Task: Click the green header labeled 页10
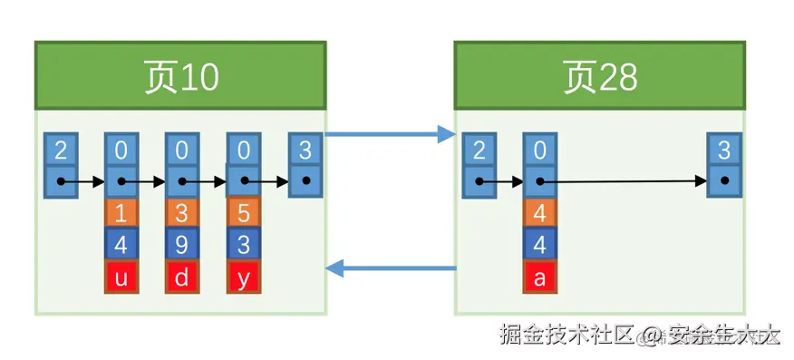click(181, 76)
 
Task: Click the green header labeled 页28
click(600, 76)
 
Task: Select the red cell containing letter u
click(121, 277)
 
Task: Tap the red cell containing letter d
click(182, 277)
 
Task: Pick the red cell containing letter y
click(243, 277)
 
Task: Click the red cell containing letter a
click(540, 277)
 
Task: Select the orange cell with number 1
click(121, 212)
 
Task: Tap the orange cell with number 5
click(243, 212)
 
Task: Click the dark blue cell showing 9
click(182, 245)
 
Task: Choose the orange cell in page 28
click(540, 212)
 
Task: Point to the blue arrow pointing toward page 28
click(390, 135)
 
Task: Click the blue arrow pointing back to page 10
click(390, 268)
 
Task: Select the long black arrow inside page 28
click(625, 181)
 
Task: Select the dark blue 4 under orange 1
click(121, 245)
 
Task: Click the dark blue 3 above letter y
click(243, 245)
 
